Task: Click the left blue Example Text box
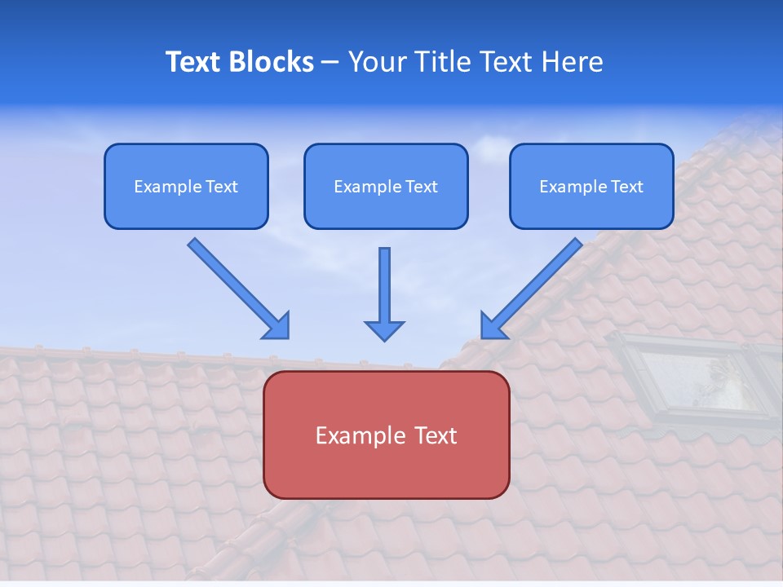coord(186,186)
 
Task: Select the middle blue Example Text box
coord(386,186)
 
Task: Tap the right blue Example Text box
coord(591,186)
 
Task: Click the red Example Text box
coord(386,435)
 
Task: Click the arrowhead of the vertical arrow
coord(384,330)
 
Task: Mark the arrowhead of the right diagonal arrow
coord(493,326)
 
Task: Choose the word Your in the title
coord(378,62)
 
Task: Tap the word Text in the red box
coord(435,435)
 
